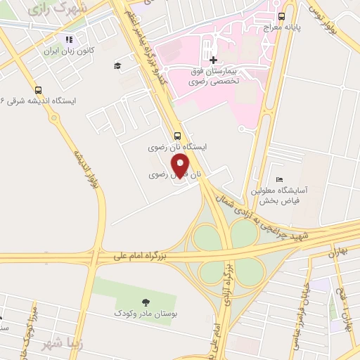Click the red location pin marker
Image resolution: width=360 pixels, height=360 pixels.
[x=181, y=165]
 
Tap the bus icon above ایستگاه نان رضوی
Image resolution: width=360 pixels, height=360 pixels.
[x=176, y=136]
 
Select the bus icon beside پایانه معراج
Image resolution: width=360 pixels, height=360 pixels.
[x=282, y=15]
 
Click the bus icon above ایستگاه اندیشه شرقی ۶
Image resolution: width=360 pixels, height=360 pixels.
[x=38, y=89]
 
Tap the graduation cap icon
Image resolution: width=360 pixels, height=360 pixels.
[x=118, y=66]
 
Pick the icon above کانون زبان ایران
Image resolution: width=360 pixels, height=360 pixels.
[x=68, y=40]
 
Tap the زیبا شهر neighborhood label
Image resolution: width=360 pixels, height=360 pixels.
[x=52, y=346]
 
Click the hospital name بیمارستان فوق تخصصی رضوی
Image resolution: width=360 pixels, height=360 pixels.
[x=216, y=77]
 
